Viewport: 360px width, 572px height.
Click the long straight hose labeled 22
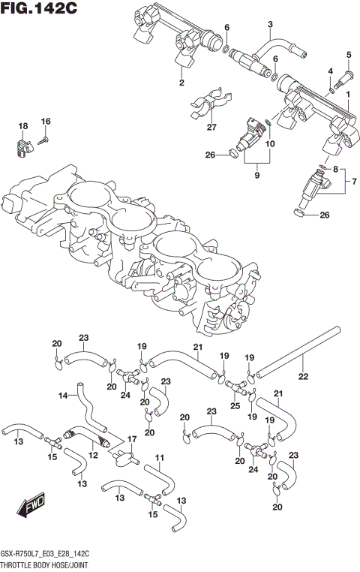(x=298, y=351)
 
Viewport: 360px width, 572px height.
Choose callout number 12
(x=94, y=455)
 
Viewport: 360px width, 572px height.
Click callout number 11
(x=159, y=457)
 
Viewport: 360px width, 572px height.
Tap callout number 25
(x=235, y=405)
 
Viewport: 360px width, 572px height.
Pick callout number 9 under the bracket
(x=256, y=175)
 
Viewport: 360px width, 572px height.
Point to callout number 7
(x=354, y=181)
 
